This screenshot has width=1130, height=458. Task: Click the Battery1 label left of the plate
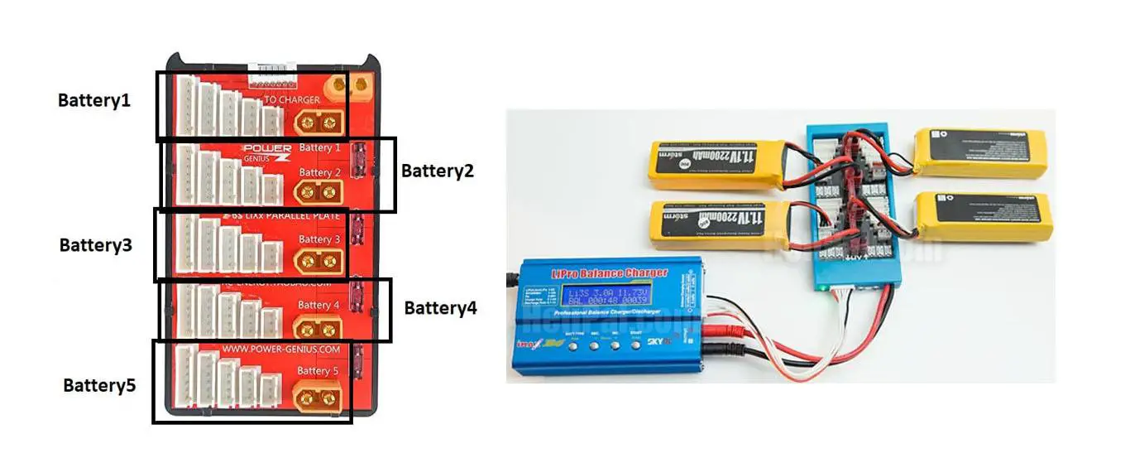(94, 100)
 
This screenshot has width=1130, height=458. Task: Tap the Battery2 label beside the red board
(438, 171)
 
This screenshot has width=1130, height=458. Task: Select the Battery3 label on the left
(95, 245)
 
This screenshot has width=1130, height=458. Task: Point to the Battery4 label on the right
(440, 308)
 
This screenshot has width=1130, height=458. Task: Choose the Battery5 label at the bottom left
(99, 385)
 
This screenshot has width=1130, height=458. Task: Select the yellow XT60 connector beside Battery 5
(318, 397)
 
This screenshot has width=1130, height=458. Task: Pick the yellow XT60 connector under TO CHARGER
(319, 124)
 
